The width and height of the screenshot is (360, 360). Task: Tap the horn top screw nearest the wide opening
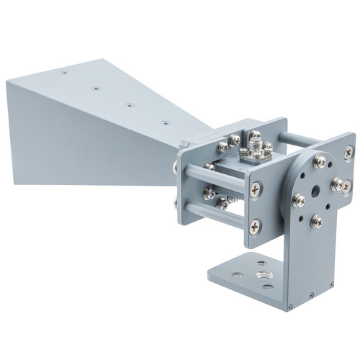coord(63,73)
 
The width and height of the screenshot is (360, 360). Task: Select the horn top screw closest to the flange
coord(166,123)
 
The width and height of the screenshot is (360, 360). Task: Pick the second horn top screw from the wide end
coord(96,89)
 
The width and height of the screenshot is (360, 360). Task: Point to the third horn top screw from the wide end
coord(130,105)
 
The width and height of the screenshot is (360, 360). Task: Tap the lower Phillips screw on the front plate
coord(256,227)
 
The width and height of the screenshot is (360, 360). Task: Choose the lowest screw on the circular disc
coord(315,221)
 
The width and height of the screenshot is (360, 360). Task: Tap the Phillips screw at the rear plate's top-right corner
coord(348,152)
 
